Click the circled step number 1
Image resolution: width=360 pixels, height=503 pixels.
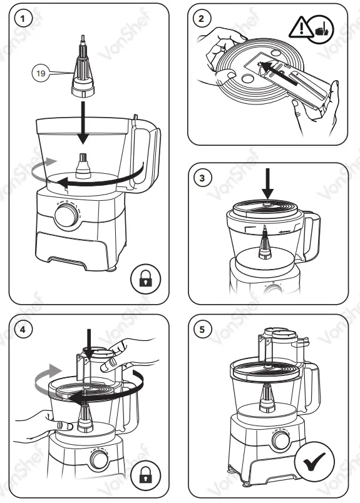(x=23, y=19)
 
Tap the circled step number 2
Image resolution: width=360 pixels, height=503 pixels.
(x=201, y=19)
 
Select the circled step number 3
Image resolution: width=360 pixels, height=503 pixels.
(x=201, y=178)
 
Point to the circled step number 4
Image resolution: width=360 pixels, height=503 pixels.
(x=23, y=330)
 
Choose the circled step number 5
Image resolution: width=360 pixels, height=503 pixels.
(x=201, y=330)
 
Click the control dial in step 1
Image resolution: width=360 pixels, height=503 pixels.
(x=65, y=217)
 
